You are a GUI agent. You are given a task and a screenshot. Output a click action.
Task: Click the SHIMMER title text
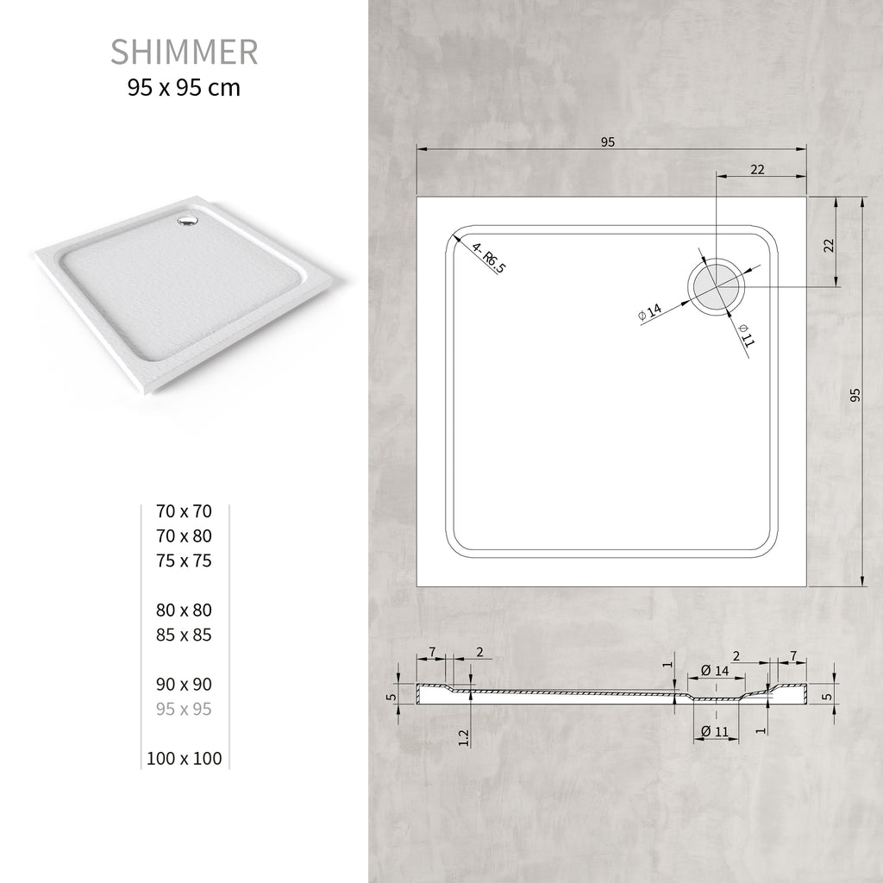[184, 52]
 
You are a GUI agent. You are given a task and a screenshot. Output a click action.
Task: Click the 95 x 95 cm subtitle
[184, 87]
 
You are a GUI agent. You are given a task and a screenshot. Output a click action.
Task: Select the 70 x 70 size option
[184, 510]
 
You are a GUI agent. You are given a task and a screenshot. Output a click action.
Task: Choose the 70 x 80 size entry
[184, 535]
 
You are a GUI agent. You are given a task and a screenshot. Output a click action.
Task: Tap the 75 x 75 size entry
[184, 560]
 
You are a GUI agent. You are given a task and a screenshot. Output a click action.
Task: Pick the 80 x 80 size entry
[184, 610]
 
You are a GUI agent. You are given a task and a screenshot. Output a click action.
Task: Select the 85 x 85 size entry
[184, 635]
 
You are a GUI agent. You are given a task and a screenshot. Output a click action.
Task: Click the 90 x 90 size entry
[184, 684]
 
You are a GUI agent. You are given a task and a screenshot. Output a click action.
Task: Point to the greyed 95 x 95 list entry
[184, 709]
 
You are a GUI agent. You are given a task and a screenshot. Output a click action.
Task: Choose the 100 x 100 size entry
[184, 759]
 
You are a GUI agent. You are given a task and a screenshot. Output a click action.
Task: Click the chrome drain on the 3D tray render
[185, 222]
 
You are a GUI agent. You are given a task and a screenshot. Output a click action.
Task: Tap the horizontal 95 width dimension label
[608, 142]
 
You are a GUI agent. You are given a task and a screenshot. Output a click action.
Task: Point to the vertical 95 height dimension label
[855, 395]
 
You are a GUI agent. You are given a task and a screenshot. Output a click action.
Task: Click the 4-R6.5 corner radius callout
[489, 259]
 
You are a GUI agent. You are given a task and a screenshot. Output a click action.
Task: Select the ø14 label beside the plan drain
[650, 313]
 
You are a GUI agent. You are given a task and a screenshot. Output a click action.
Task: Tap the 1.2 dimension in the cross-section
[464, 736]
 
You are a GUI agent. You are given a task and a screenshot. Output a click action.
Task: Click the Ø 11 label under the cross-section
[715, 731]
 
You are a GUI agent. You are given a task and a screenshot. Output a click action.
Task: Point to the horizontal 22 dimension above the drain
[757, 170]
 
